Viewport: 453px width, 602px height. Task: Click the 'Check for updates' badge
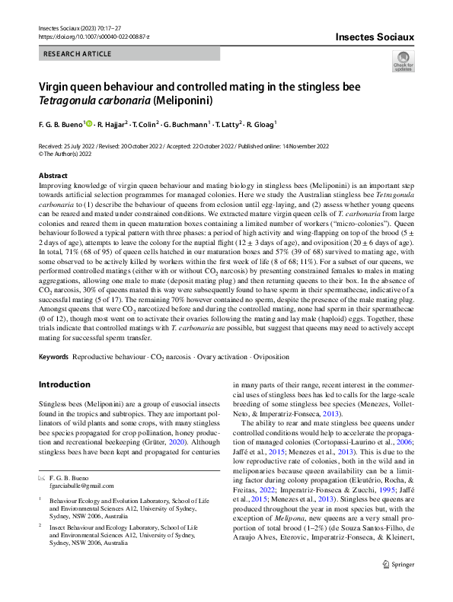[x=403, y=61]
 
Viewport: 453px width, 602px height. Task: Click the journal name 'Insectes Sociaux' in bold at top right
[x=374, y=35]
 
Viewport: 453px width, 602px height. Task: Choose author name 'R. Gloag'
[x=260, y=124]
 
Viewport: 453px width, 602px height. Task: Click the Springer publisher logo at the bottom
[x=394, y=585]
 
